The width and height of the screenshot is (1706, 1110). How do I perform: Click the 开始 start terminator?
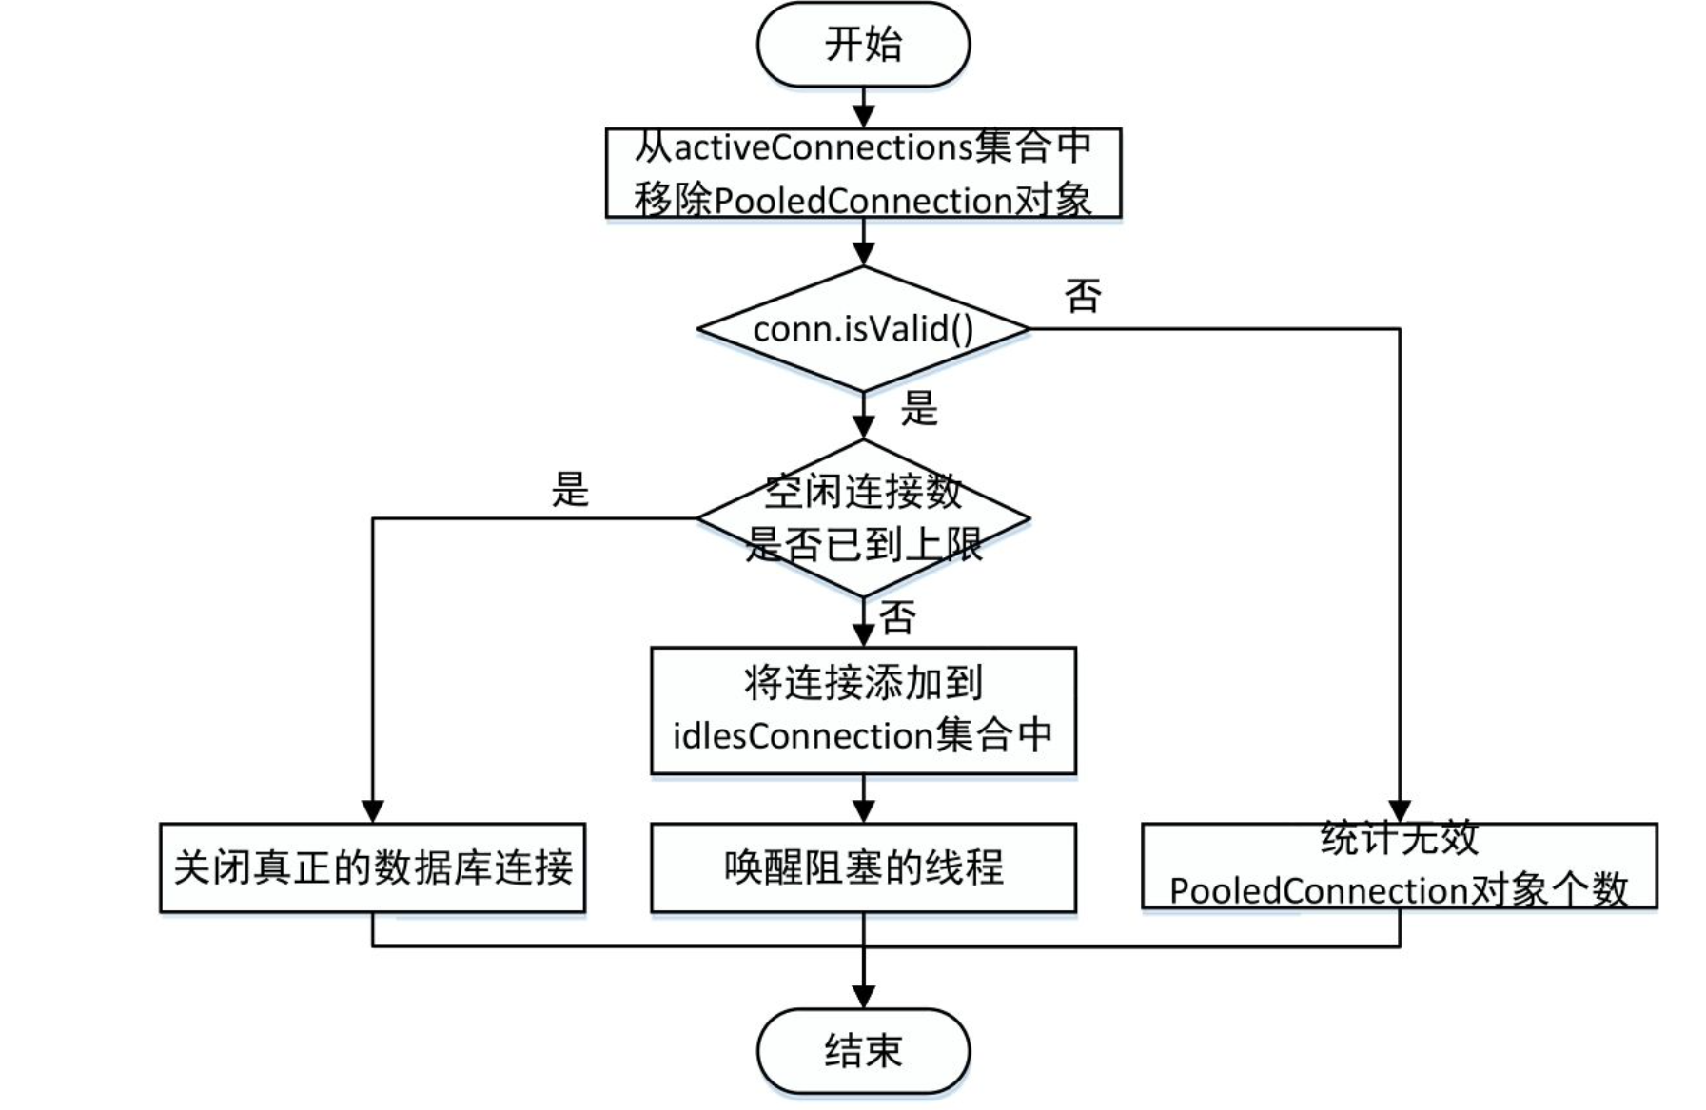tap(863, 45)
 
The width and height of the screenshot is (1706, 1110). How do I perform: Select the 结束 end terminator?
tap(863, 1051)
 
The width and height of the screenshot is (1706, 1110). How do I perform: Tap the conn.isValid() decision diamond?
tap(863, 329)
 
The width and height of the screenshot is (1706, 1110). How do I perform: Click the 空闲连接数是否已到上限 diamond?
tap(863, 518)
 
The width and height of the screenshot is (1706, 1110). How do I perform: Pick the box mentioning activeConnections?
tap(863, 173)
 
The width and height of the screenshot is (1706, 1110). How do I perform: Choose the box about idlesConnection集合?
tap(863, 711)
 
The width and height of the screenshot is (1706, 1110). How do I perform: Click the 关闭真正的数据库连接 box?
tap(372, 867)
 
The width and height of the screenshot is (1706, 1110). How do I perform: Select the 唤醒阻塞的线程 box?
tap(863, 867)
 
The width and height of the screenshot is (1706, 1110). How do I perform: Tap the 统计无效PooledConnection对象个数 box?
tap(1399, 866)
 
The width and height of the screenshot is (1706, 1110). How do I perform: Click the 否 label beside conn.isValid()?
tap(1083, 296)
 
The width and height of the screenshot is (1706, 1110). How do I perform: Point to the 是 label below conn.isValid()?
tap(919, 409)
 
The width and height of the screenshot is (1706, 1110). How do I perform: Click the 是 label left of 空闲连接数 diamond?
tap(570, 489)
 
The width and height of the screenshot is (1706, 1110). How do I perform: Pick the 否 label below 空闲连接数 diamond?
tap(897, 618)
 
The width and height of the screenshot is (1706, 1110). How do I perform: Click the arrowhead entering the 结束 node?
tap(863, 997)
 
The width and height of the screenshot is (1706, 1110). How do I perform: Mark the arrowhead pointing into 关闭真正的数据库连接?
tap(372, 811)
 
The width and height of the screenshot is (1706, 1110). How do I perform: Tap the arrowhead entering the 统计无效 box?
tap(1400, 811)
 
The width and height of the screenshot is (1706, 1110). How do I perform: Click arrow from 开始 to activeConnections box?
tap(863, 107)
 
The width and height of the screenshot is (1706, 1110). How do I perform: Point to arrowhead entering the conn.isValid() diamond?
tap(863, 254)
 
